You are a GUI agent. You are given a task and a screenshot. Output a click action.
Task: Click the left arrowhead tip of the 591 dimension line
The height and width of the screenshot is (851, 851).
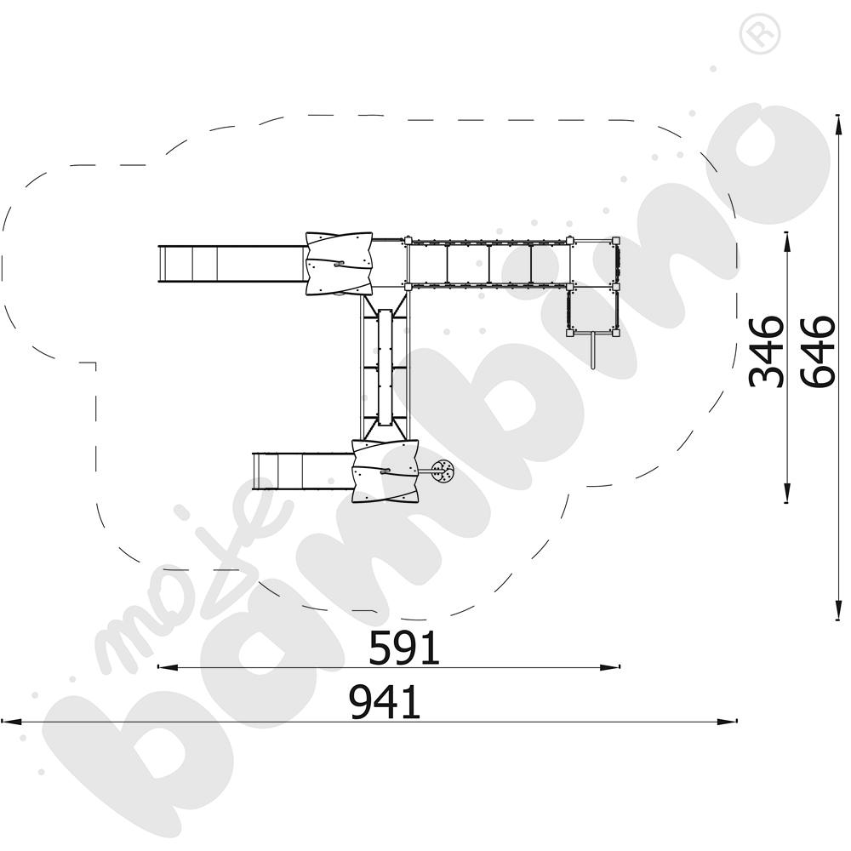(157, 667)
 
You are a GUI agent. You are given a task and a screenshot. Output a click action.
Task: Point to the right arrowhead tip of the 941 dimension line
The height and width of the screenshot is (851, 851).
(737, 722)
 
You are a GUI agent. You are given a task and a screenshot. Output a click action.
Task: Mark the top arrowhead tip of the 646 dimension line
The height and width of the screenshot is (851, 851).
(838, 115)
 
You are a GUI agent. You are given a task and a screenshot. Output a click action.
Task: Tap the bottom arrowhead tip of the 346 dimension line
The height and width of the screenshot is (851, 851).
(786, 503)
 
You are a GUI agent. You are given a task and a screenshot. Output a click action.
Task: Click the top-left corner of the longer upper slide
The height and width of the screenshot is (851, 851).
(158, 245)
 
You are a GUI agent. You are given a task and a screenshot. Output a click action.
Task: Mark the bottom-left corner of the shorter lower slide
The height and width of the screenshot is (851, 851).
(254, 490)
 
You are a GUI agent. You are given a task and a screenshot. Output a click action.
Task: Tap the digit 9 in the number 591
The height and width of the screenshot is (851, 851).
(404, 648)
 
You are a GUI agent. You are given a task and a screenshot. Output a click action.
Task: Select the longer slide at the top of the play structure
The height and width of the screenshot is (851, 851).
(232, 264)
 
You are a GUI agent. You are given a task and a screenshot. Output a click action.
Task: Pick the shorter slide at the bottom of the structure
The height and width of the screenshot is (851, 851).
(303, 471)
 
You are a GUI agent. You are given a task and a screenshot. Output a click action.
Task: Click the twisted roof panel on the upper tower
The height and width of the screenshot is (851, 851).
(340, 263)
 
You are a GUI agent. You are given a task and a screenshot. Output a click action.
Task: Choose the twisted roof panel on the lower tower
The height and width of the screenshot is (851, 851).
(386, 471)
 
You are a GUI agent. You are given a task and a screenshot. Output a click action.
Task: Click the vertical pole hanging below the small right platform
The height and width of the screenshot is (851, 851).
(593, 351)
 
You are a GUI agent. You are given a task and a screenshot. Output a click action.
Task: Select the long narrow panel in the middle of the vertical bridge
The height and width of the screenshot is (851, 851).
(386, 368)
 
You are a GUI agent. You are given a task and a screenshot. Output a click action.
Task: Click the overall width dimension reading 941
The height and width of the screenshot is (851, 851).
(385, 702)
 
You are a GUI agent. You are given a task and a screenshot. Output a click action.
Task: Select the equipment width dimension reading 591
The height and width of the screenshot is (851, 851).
(404, 648)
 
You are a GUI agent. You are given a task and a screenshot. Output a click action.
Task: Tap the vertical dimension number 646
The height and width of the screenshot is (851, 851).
(817, 351)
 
